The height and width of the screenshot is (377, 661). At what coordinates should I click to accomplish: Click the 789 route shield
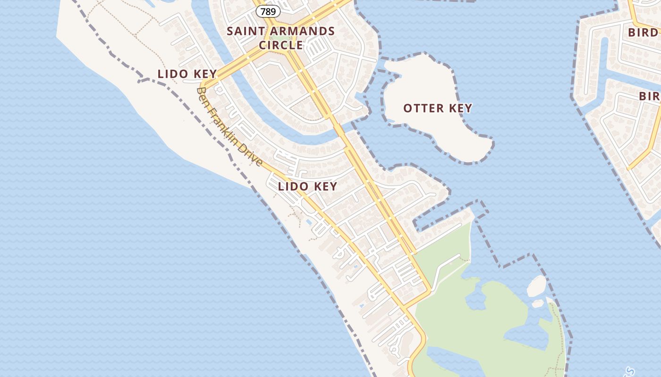coord(268,11)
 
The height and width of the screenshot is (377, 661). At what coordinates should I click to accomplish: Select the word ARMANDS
coord(305,32)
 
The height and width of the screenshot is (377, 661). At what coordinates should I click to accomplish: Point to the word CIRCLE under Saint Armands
coord(281,45)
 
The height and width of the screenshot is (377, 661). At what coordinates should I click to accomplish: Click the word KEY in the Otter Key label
coord(461,108)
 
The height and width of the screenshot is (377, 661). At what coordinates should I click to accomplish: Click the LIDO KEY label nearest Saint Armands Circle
coord(187,74)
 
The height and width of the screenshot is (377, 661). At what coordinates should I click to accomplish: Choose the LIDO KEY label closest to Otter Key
coord(307,186)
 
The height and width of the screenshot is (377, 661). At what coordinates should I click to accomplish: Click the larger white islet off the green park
coord(536,286)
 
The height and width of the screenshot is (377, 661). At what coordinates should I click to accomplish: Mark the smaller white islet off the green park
coord(538,303)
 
